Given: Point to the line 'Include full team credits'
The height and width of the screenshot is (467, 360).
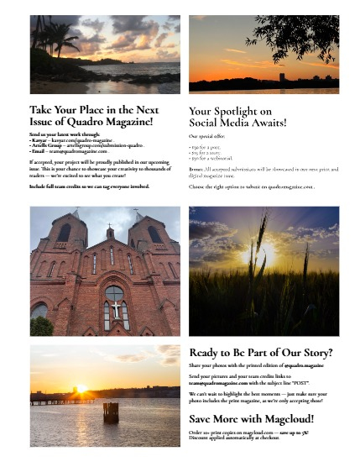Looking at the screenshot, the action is pyautogui.click(x=88, y=186).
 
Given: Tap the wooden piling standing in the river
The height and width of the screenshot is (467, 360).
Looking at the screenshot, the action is pyautogui.click(x=110, y=412).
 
